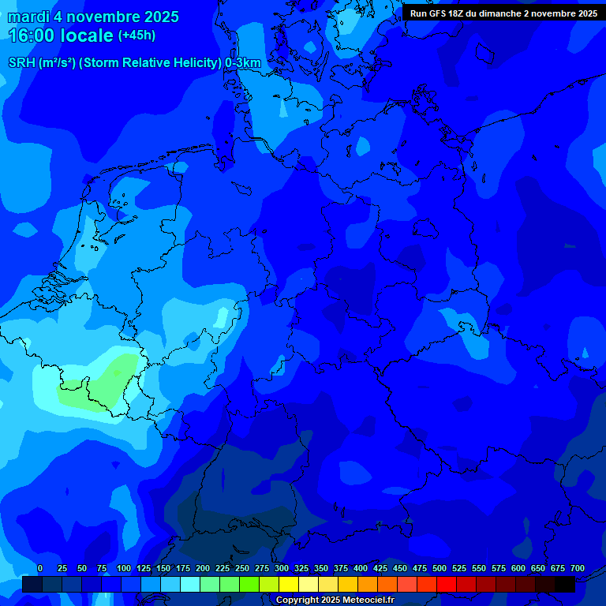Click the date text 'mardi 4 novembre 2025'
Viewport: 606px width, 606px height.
point(93,17)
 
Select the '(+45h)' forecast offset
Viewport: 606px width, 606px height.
point(137,36)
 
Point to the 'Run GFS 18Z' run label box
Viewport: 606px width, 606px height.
point(503,13)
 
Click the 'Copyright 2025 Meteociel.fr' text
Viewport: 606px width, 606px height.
point(335,600)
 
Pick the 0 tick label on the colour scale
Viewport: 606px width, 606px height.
point(40,569)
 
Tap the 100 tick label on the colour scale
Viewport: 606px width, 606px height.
point(124,569)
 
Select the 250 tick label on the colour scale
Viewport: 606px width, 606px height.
point(242,569)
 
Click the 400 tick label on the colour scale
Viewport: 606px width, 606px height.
point(361,569)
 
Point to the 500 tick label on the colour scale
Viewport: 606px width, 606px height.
point(440,569)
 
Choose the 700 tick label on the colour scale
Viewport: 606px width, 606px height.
point(577,569)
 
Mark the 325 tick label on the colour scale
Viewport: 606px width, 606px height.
point(301,569)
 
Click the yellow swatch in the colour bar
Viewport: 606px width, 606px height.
point(289,585)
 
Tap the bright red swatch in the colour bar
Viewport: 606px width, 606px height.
point(447,585)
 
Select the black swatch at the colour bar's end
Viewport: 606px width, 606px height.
point(565,585)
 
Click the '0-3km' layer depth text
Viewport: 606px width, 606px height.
point(243,63)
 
